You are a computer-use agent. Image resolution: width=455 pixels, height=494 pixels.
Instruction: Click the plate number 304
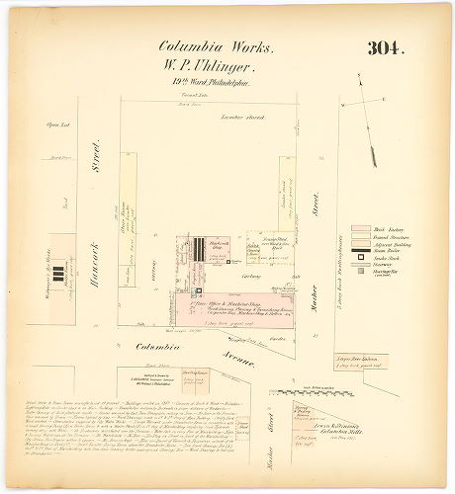[385, 48]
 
